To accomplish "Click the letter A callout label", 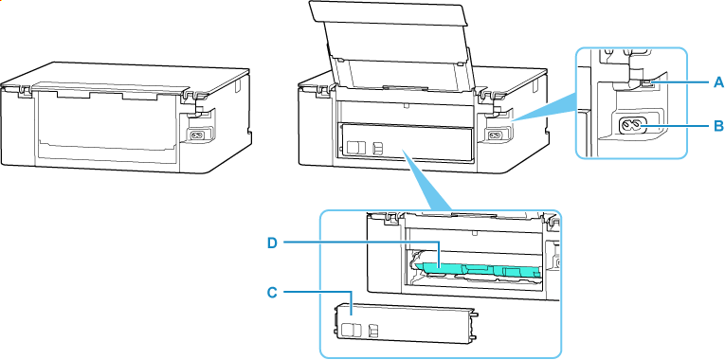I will point(718,83).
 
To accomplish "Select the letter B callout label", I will point(718,124).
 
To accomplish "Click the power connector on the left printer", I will point(199,134).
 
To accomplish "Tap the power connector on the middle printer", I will point(493,134).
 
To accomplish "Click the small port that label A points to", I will point(647,83).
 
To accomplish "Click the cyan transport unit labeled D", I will point(474,272).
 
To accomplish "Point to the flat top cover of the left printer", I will point(123,76).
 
